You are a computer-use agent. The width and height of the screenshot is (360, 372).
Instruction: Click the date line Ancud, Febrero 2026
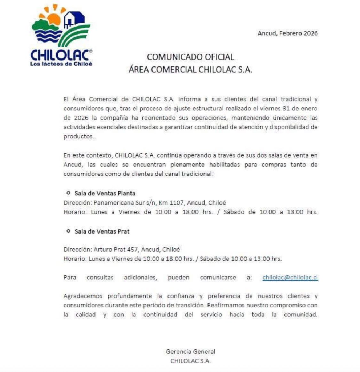[288, 33]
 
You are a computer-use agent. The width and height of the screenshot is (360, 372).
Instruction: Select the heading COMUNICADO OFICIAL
[190, 57]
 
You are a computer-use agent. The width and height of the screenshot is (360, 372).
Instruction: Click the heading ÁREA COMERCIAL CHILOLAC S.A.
[190, 70]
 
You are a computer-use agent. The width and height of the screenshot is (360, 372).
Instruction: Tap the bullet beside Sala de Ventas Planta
[68, 193]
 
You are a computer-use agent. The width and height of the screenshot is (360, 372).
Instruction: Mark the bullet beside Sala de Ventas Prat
[68, 231]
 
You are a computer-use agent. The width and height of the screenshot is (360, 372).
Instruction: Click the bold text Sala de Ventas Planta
[105, 193]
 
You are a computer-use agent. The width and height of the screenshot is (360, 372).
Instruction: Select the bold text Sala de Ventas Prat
[102, 231]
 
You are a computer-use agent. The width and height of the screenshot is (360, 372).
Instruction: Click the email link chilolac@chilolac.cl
[290, 278]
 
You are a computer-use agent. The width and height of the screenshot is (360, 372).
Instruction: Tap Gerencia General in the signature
[190, 352]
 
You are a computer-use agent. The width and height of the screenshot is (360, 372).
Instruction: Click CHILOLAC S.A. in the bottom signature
[190, 361]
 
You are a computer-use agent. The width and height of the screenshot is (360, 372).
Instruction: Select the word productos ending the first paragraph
[76, 137]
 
